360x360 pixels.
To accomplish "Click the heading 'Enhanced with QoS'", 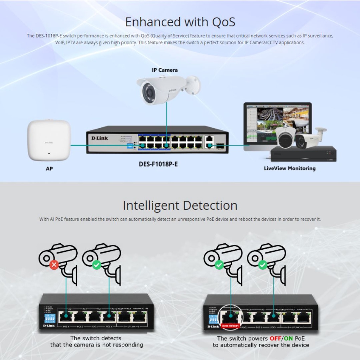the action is click(180, 22).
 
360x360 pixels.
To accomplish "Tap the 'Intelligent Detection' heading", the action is click(180, 205).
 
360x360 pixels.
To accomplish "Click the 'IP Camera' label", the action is click(165, 70).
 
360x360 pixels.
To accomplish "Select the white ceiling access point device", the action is click(49, 140).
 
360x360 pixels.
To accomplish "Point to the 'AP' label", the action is click(49, 169).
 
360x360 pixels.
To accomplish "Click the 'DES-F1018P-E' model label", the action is click(158, 164).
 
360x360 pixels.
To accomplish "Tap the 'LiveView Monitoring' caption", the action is click(290, 168).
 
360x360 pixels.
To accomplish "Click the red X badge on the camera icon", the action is click(54, 265).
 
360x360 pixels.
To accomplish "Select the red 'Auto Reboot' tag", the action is click(230, 326).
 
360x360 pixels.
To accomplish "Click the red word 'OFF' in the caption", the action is click(275, 339).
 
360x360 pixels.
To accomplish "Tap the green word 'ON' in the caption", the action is click(288, 339).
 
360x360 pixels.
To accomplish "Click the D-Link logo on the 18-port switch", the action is click(100, 138).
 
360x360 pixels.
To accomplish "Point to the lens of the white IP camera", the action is click(149, 92).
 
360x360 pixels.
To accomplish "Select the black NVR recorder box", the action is click(303, 154).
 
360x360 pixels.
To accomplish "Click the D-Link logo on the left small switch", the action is click(49, 326).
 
